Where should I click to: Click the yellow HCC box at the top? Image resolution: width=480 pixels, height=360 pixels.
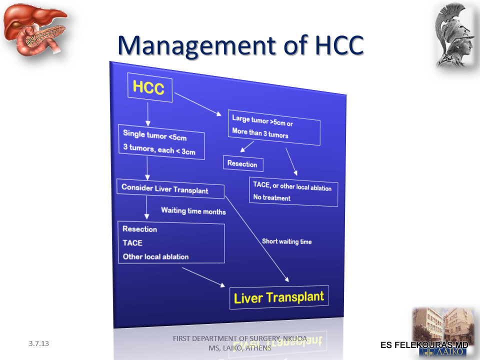tap(149, 87)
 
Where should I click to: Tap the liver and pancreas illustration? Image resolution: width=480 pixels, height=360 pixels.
tap(34, 29)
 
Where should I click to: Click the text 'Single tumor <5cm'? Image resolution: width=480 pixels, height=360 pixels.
tap(155, 135)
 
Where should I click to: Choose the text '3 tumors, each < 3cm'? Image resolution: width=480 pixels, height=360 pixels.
tap(159, 149)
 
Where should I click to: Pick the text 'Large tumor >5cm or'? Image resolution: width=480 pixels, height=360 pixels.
tap(262, 120)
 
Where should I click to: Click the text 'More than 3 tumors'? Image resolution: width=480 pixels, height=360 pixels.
tap(260, 133)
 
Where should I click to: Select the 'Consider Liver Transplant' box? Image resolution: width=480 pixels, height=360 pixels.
tap(170, 188)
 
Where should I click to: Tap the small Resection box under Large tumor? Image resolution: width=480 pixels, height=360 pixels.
tap(243, 164)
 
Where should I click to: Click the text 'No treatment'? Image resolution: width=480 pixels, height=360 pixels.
tap(272, 198)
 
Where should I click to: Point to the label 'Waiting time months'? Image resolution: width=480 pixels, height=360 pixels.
tap(193, 211)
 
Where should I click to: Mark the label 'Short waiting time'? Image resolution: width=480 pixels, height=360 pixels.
tap(287, 241)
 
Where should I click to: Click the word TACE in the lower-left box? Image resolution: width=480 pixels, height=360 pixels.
tap(132, 243)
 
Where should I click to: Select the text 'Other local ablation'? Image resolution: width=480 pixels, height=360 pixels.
tap(155, 256)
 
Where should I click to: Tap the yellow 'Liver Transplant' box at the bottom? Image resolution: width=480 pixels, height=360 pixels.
tap(279, 297)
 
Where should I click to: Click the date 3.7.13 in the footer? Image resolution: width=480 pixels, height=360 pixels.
tap(39, 343)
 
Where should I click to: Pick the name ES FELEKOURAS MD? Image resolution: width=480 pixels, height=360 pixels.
tap(424, 345)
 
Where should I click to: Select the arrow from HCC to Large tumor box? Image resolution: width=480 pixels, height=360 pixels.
tap(198, 104)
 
